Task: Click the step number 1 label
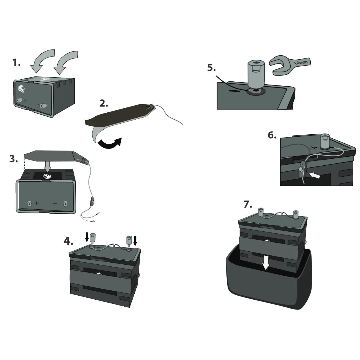coord(16,62)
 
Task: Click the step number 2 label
coord(104,103)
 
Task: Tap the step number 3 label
coord(14,159)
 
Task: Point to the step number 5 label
coord(211,68)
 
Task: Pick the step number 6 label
coord(272,135)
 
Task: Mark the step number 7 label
coord(248,204)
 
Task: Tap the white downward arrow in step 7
coord(266,263)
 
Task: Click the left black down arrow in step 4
coord(87,237)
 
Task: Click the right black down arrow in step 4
coord(135,240)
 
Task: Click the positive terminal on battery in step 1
coord(19,100)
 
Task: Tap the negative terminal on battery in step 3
coord(65,203)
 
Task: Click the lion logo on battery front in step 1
coord(21,89)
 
